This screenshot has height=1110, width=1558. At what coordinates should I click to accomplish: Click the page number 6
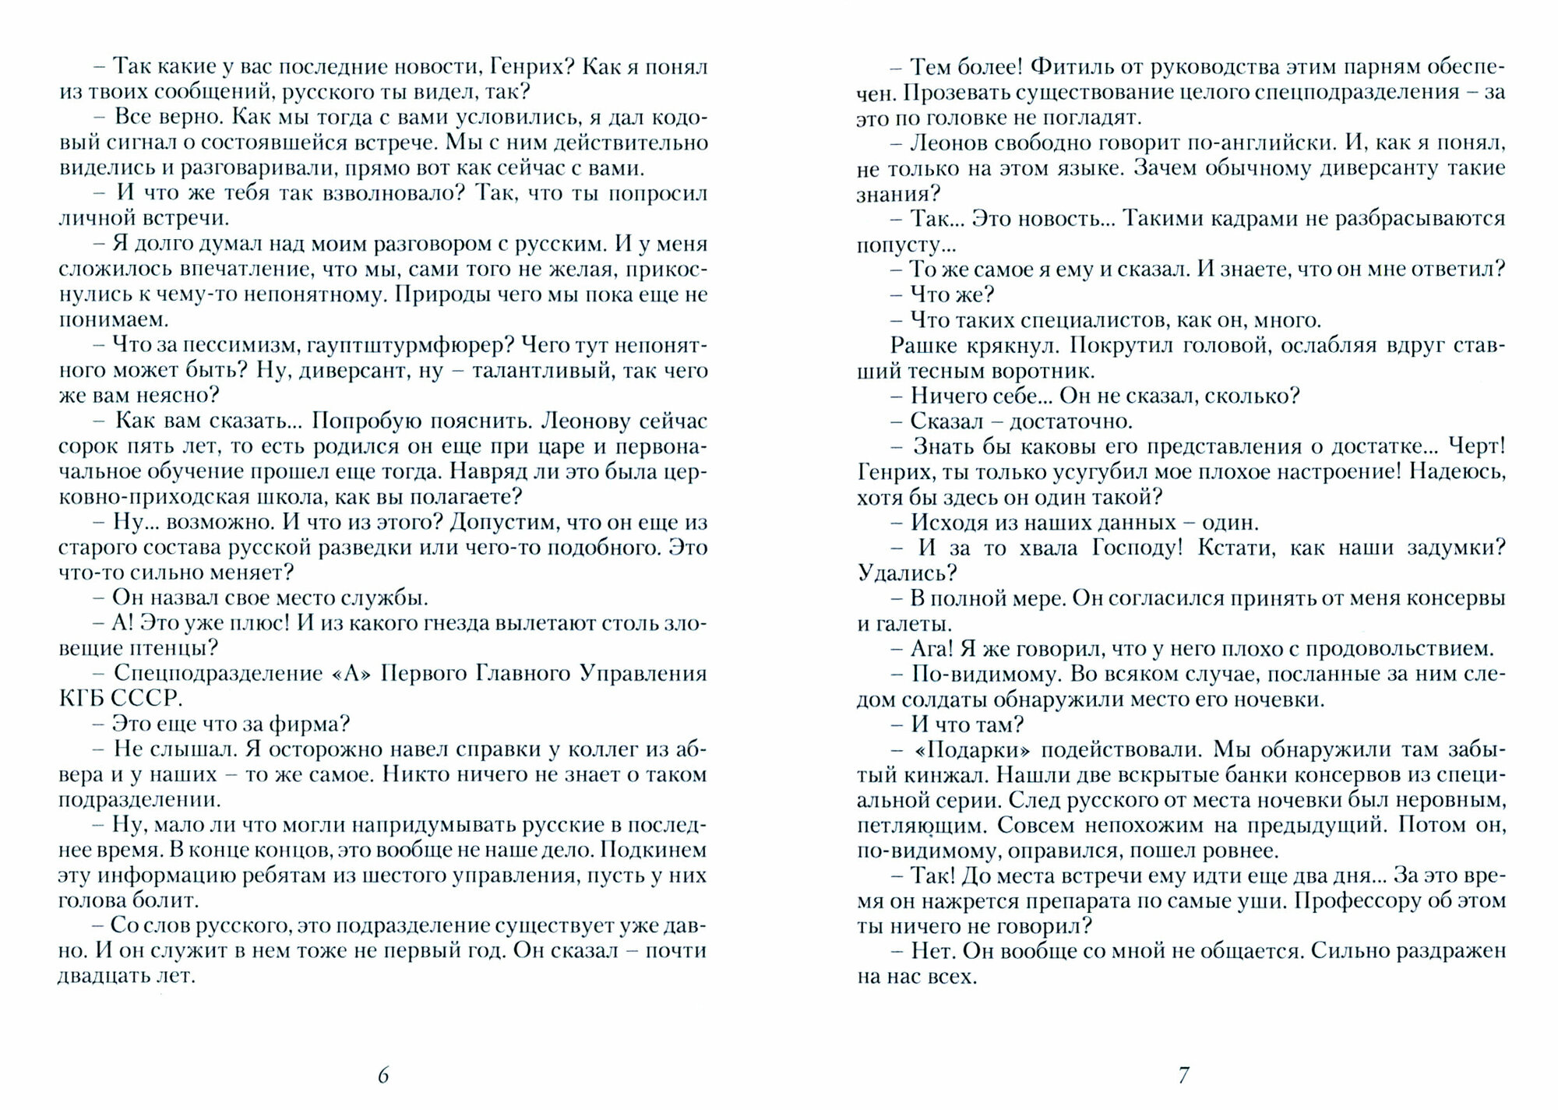383,1076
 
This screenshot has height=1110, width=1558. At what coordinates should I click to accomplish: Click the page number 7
1183,1076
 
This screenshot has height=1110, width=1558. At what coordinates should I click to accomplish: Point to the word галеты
916,623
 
